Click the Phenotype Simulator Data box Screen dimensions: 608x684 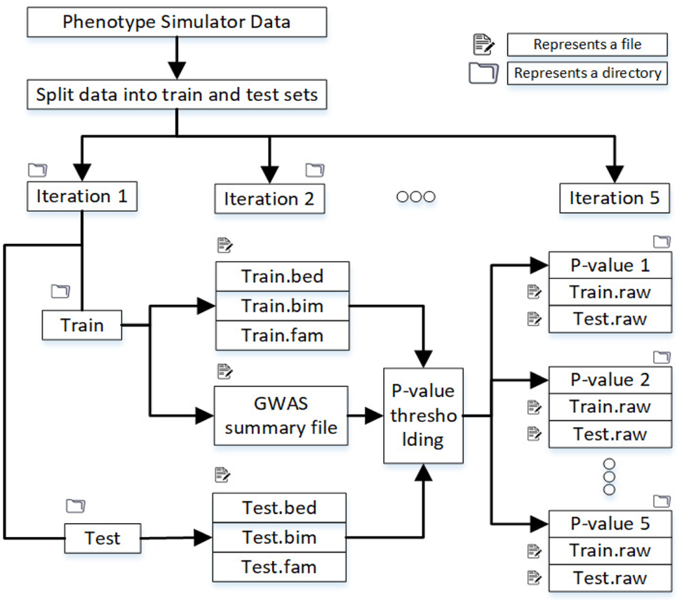click(x=177, y=22)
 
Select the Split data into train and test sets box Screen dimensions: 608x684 click(x=177, y=95)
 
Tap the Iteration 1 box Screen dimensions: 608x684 click(x=82, y=196)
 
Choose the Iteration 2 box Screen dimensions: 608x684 click(x=269, y=199)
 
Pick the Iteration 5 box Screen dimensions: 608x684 click(x=614, y=198)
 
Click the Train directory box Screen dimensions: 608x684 click(x=82, y=325)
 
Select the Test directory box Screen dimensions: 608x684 click(x=102, y=539)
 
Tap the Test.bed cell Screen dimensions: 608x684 click(x=279, y=507)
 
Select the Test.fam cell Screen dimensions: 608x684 click(x=279, y=567)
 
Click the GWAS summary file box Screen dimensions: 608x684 click(x=281, y=415)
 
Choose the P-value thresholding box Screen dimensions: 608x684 click(x=423, y=415)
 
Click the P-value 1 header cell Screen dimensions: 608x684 click(x=610, y=265)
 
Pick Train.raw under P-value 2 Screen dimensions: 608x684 click(x=610, y=407)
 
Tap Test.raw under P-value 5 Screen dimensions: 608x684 click(x=610, y=578)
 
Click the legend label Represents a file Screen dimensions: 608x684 click(x=586, y=44)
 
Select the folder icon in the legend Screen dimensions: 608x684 click(x=483, y=73)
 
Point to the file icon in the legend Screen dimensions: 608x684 click(x=483, y=45)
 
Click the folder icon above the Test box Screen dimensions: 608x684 click(x=74, y=506)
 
